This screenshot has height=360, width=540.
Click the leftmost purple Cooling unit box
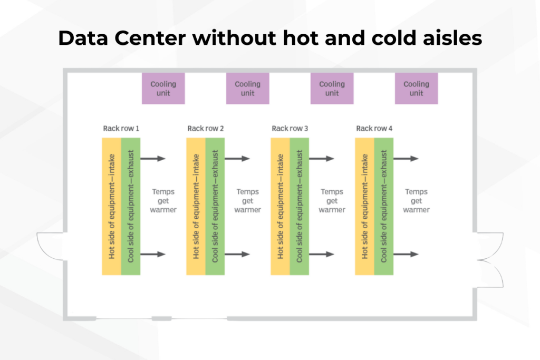(x=163, y=89)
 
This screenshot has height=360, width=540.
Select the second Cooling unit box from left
(x=247, y=89)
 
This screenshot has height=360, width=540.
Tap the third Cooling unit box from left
(x=332, y=89)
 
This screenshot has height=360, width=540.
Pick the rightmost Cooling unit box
(x=416, y=89)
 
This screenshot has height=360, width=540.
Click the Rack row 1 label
(x=121, y=128)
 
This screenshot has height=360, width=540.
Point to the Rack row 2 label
(x=205, y=128)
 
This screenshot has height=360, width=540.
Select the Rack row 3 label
(x=290, y=128)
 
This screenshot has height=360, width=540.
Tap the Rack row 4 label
(x=374, y=128)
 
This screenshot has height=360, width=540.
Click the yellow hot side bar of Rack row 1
(x=111, y=206)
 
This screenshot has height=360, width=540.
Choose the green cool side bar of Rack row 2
(x=215, y=206)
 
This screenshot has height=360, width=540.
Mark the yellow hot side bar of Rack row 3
(x=280, y=206)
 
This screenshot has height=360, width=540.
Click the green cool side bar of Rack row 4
(x=383, y=206)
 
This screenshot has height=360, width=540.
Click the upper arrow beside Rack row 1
(x=154, y=159)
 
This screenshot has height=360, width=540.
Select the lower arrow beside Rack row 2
(x=238, y=254)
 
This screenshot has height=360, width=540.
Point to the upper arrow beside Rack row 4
(x=407, y=159)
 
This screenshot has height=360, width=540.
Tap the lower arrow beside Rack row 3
(x=323, y=254)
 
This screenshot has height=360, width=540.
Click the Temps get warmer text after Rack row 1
(x=163, y=201)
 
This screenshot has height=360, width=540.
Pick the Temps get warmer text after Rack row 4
(x=416, y=201)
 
